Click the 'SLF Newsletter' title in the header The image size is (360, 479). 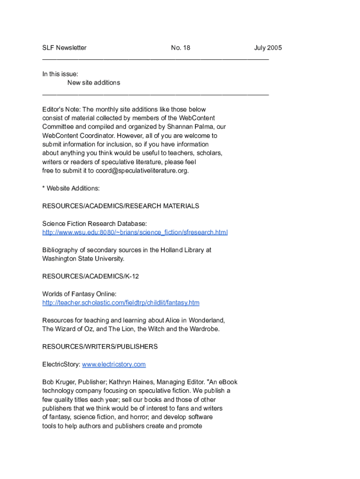click(x=64, y=48)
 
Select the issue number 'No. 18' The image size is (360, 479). click(x=180, y=48)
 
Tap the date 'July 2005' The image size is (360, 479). click(x=268, y=48)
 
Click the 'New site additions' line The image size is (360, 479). click(x=94, y=83)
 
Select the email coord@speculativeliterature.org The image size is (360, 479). click(x=142, y=171)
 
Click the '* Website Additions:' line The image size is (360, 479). click(x=71, y=189)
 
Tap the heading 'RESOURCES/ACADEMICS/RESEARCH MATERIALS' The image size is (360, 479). click(x=121, y=206)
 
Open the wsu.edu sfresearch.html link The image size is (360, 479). click(x=135, y=232)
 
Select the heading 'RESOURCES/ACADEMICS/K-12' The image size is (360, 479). click(x=90, y=276)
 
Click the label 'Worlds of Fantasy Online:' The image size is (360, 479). click(x=79, y=294)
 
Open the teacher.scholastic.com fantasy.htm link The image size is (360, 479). click(x=121, y=303)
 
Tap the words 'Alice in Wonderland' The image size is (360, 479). click(x=195, y=320)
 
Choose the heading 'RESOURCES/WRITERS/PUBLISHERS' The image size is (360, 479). click(x=100, y=347)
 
